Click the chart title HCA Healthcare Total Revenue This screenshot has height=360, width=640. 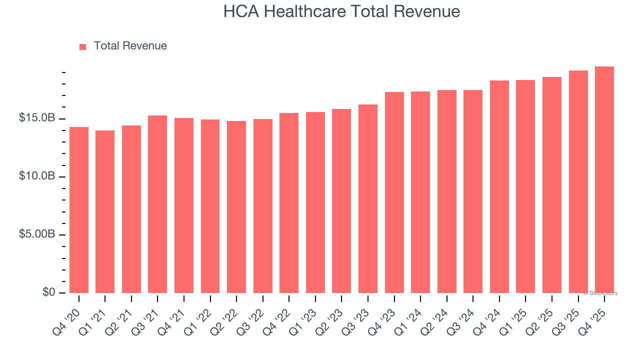pos(341,11)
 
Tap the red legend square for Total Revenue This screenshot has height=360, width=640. pos(83,46)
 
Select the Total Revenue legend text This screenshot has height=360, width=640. pos(130,46)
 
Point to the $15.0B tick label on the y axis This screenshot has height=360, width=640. pos(37,118)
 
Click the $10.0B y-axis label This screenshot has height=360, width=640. pos(37,176)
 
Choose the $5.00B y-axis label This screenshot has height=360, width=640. pos(37,234)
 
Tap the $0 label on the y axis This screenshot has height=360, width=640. pos(48,292)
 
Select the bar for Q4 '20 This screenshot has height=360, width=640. pos(79,210)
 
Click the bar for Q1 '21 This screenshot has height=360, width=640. pos(105,211)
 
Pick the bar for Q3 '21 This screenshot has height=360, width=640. pos(157,204)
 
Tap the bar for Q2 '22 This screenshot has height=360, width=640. pos(236,207)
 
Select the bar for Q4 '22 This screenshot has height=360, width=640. pos(289,203)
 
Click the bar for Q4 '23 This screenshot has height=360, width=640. pos(394,192)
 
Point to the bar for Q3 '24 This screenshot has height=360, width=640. pos(473,191)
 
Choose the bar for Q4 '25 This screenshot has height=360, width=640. pos(604,180)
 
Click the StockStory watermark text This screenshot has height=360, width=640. pos(600,293)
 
